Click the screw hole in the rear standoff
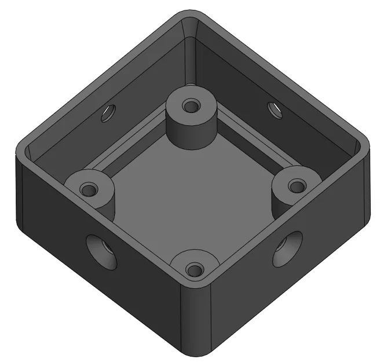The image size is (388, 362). click(191, 106)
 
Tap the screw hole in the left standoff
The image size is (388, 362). click(88, 189)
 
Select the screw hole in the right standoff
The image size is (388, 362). click(297, 187)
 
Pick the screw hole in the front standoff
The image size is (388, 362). click(195, 269)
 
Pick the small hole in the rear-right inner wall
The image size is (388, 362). click(274, 109)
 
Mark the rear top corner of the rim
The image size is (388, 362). click(191, 14)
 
